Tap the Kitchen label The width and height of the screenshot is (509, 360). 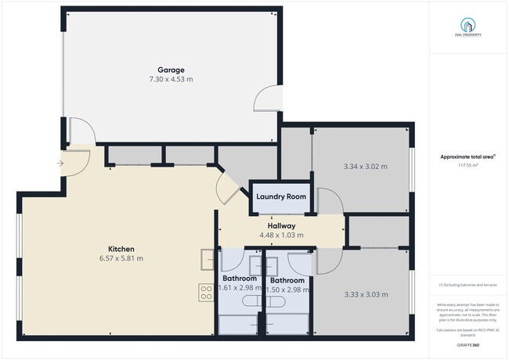point(121,249)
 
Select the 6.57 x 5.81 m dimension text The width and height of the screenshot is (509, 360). point(121,258)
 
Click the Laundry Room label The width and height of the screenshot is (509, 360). point(281,196)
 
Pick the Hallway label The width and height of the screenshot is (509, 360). point(281,225)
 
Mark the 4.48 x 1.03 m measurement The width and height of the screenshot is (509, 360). point(281,235)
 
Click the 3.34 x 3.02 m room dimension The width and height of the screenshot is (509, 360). point(366,166)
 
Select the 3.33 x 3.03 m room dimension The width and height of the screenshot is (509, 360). point(366,294)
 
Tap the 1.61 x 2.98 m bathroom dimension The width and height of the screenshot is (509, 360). point(240,288)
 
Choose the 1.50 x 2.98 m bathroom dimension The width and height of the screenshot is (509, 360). point(287,289)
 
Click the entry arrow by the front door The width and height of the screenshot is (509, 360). point(61,163)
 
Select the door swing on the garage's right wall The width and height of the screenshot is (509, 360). point(266,99)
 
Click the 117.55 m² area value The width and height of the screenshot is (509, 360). point(469,165)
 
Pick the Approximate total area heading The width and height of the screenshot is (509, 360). point(469,157)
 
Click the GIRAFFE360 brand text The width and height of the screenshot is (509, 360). point(469,345)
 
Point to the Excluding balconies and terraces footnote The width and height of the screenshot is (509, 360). point(469,285)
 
